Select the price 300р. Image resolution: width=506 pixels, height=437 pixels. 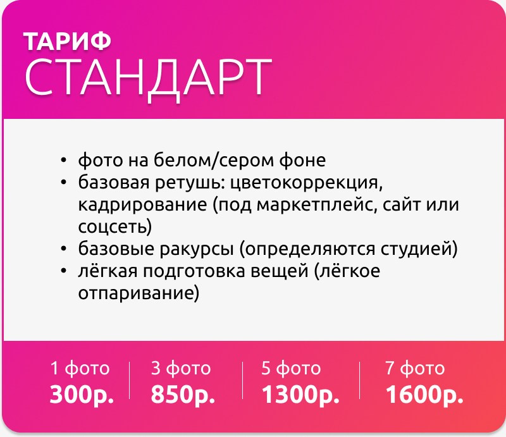pyautogui.click(x=82, y=395)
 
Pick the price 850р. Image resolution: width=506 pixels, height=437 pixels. pyautogui.click(x=183, y=395)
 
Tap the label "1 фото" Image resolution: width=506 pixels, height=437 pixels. pyautogui.click(x=80, y=368)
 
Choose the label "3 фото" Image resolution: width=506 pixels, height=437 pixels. pyautogui.click(x=181, y=368)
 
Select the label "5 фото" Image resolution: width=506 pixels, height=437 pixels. pyautogui.click(x=291, y=368)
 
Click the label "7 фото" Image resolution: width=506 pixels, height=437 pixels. pyautogui.click(x=415, y=368)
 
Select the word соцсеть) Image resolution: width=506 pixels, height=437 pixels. pyautogui.click(x=115, y=226)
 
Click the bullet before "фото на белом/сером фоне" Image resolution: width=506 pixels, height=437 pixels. pyautogui.click(x=63, y=160)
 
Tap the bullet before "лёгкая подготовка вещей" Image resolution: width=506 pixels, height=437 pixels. pyautogui.click(x=63, y=271)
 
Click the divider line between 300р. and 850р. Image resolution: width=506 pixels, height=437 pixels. pyautogui.click(x=129, y=381)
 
